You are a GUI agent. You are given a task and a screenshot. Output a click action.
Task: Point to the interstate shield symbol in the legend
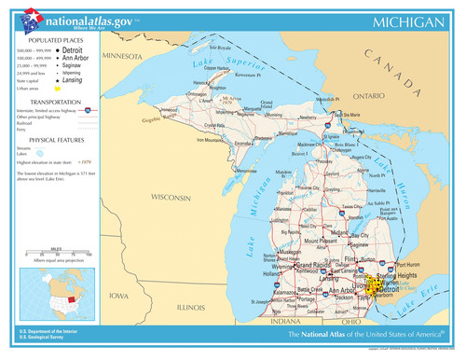(x=88, y=109)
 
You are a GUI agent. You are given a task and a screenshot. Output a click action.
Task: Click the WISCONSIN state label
(x=171, y=198)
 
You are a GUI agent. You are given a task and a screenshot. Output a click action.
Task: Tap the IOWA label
(x=117, y=296)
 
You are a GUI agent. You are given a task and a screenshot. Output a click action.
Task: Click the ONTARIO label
(x=369, y=95)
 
